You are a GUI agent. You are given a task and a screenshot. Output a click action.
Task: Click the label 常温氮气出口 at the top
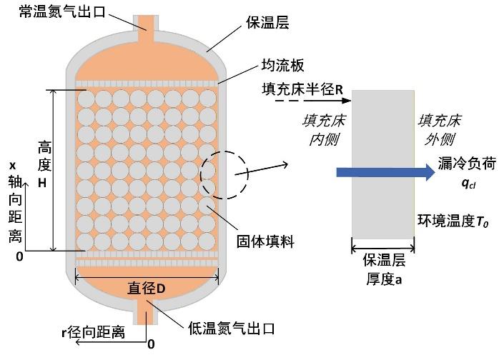click(62, 11)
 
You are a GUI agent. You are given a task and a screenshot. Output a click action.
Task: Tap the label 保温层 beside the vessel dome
click(268, 22)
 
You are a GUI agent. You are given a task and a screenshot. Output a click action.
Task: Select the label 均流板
click(282, 65)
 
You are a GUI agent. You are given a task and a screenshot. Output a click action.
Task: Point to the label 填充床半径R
click(302, 89)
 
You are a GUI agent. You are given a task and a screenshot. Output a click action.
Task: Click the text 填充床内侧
click(324, 130)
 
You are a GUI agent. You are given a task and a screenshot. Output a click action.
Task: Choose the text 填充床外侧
click(440, 130)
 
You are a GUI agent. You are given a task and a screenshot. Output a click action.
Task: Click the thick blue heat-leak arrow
click(386, 172)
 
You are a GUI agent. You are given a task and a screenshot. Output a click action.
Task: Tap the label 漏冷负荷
click(467, 164)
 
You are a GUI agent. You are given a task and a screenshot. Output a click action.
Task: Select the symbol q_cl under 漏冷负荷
click(468, 184)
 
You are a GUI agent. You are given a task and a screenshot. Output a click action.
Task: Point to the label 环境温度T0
click(453, 221)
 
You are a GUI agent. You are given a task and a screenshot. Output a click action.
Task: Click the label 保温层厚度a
click(384, 269)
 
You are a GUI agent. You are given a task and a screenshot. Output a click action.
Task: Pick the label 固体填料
click(265, 241)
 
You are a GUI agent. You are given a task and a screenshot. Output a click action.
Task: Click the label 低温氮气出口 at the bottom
click(231, 328)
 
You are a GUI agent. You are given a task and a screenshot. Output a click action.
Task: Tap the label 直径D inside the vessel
click(147, 288)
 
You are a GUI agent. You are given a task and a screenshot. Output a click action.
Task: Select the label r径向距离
click(93, 331)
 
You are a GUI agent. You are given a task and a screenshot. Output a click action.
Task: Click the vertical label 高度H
click(44, 164)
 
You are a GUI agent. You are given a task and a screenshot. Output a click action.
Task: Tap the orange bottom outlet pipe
click(147, 312)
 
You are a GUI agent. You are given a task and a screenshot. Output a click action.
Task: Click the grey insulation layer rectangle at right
click(382, 164)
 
